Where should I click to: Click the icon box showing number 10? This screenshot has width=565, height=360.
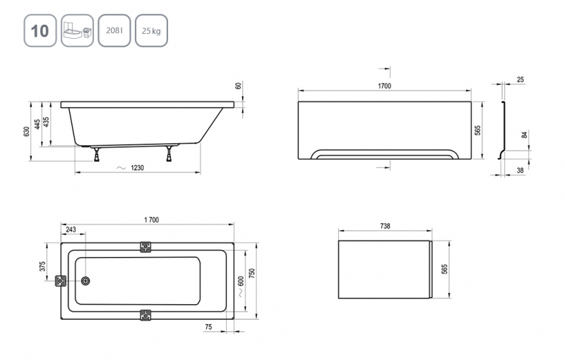[40, 30]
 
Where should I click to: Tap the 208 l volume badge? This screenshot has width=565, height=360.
[114, 30]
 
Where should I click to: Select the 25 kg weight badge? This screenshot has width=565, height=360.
[151, 30]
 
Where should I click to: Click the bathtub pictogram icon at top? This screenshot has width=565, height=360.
[77, 30]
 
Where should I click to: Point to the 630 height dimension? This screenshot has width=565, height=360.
[26, 131]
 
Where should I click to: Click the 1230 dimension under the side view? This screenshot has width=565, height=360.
[137, 168]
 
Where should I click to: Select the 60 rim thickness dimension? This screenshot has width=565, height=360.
[238, 86]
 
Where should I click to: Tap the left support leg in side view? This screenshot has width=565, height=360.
[97, 154]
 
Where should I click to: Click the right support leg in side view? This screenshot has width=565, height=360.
[169, 153]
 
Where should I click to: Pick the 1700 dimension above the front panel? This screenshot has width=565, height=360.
[384, 85]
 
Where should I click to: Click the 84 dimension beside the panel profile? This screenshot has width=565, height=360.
[525, 135]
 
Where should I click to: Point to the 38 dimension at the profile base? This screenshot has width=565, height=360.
[520, 170]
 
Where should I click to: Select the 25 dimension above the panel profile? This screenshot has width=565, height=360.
[521, 80]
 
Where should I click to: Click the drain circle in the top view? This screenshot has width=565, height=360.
[85, 281]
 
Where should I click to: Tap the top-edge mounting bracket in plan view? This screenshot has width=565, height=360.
[145, 246]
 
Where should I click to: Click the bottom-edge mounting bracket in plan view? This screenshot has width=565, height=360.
[145, 315]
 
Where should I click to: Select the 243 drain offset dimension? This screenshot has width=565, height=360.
[71, 229]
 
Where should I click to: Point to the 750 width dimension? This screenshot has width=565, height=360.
[252, 274]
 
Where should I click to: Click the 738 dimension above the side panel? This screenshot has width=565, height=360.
[385, 226]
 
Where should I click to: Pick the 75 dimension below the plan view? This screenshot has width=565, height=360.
[208, 327]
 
